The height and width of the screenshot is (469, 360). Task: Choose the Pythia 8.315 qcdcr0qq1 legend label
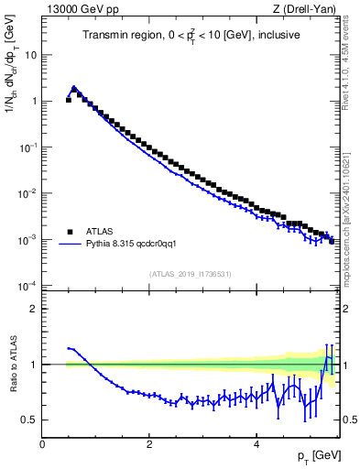(137, 245)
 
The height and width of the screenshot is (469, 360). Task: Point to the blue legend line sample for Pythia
(71, 245)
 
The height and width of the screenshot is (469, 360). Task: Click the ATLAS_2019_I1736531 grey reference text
(190, 273)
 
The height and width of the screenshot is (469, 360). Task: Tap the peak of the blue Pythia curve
(74, 88)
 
